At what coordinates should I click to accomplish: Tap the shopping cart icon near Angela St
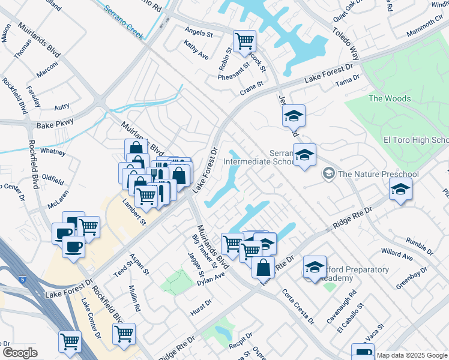point(244,41)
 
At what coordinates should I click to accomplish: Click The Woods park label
point(390,98)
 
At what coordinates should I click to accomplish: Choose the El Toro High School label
point(416,140)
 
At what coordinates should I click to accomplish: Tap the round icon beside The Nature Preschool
point(329,174)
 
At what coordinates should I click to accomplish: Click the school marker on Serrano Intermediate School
point(304,155)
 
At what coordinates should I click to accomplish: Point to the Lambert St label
point(134,212)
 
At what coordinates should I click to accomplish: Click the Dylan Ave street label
point(211,278)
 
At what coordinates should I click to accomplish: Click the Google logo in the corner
point(20,352)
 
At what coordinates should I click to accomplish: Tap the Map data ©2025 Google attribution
point(412,355)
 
